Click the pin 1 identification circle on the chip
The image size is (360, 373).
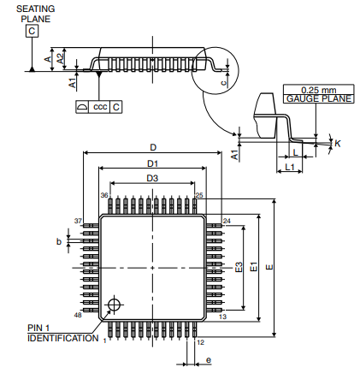(x=113, y=305)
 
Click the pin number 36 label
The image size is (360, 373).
(x=104, y=196)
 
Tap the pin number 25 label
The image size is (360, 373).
(x=199, y=196)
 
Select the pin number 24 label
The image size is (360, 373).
(x=227, y=222)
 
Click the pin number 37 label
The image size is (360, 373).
(x=77, y=222)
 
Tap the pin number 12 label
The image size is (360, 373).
(x=200, y=342)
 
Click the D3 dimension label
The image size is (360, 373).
(x=151, y=178)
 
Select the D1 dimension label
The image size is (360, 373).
(x=152, y=163)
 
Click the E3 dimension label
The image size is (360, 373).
(x=239, y=267)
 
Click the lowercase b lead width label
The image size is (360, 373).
(x=59, y=242)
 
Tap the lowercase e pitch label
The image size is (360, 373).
(x=208, y=360)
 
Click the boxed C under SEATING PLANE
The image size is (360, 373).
(x=32, y=32)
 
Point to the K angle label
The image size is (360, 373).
(x=337, y=143)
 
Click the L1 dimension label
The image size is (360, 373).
(x=289, y=167)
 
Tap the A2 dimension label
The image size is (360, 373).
(x=59, y=57)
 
